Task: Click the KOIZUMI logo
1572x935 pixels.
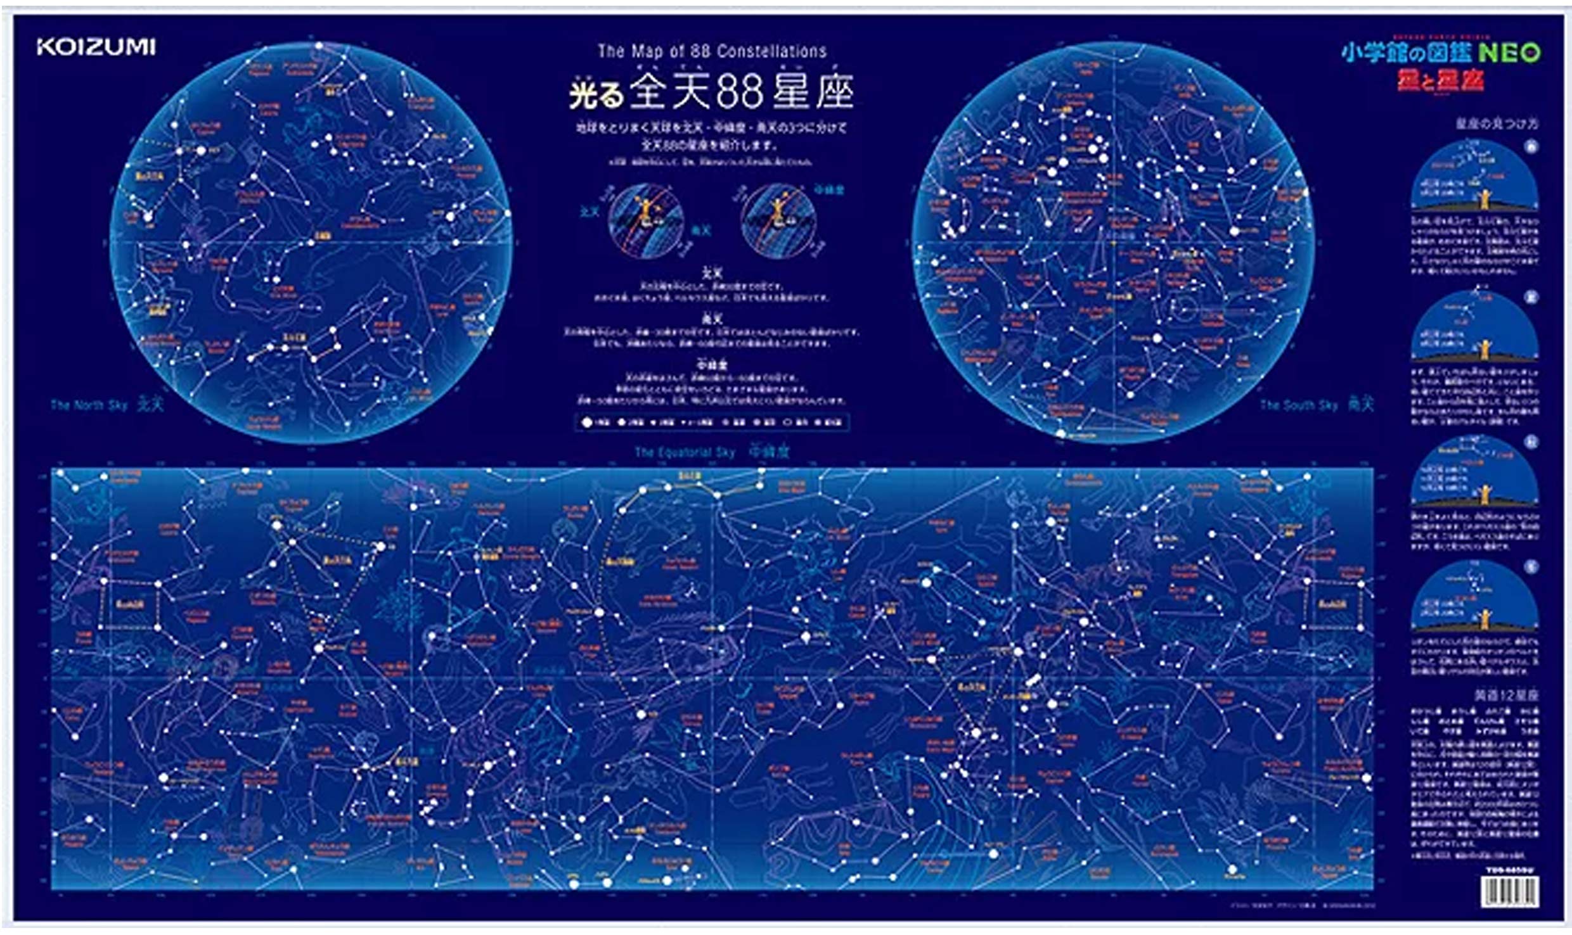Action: (96, 47)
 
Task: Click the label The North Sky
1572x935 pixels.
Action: (89, 405)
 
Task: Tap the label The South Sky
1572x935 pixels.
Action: (1298, 405)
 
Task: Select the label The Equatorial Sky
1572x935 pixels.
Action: (685, 452)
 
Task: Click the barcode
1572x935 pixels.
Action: (1509, 892)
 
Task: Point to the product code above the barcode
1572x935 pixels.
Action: (1509, 870)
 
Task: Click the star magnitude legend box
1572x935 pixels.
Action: (712, 422)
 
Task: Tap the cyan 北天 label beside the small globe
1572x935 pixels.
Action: (589, 212)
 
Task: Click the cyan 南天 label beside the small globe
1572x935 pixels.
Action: (700, 231)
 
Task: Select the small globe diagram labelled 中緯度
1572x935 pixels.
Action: (779, 220)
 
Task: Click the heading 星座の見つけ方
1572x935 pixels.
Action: (1496, 124)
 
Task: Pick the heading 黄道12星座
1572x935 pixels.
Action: (1505, 695)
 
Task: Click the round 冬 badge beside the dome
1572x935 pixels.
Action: (1531, 568)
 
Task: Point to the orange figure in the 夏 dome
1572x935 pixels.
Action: (1483, 348)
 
